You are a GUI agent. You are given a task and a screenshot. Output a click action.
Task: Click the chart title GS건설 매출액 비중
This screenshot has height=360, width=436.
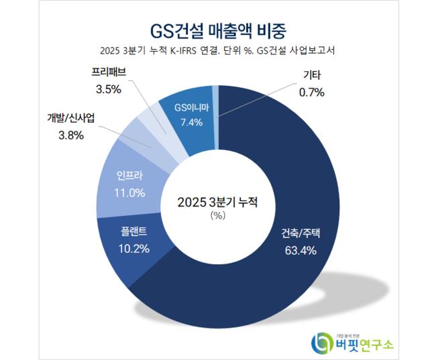[217, 31]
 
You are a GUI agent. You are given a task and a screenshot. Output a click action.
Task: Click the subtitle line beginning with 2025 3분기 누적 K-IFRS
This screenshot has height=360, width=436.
[217, 52]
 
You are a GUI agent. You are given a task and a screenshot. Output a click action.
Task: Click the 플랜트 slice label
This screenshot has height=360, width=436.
[133, 231]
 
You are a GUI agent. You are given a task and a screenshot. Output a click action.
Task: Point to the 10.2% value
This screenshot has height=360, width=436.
[133, 247]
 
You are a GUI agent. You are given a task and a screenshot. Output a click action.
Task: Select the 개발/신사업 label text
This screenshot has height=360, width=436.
[70, 119]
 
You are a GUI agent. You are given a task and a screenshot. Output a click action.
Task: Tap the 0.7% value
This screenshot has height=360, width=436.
[309, 93]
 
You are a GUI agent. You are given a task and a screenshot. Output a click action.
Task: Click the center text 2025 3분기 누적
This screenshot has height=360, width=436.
[217, 202]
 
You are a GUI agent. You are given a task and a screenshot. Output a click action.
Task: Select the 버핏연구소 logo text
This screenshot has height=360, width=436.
[366, 344]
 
